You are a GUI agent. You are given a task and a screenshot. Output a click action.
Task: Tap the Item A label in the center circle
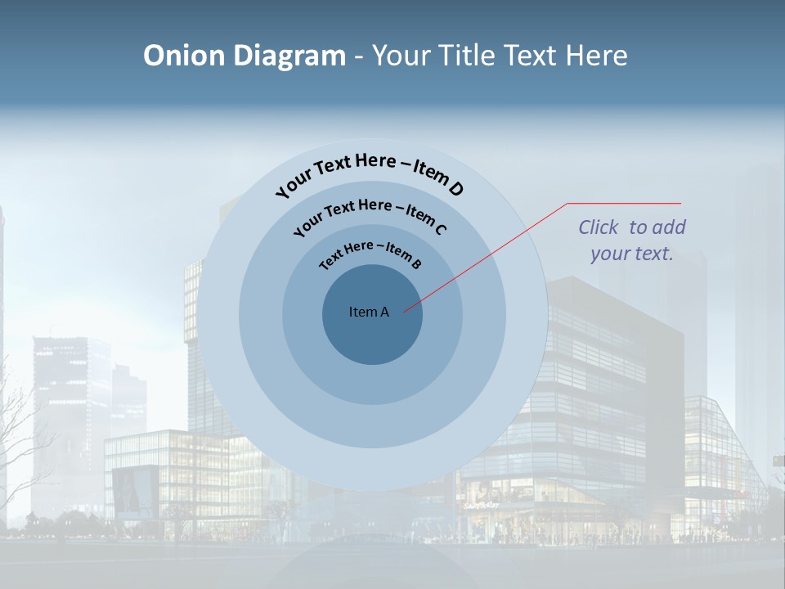tap(369, 312)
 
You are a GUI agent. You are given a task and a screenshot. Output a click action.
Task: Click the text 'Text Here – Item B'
tap(370, 254)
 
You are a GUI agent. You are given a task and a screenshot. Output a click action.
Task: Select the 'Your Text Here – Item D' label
tap(370, 171)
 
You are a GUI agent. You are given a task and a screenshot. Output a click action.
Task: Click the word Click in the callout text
tap(599, 227)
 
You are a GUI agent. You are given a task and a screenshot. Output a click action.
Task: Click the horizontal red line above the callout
tap(624, 203)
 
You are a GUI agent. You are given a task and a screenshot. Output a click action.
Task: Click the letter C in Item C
tap(440, 229)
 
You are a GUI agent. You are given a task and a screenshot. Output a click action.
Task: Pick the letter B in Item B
tap(416, 263)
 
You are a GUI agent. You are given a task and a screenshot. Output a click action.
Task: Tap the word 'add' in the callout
tap(669, 227)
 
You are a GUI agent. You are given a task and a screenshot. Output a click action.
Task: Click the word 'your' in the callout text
tap(610, 254)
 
